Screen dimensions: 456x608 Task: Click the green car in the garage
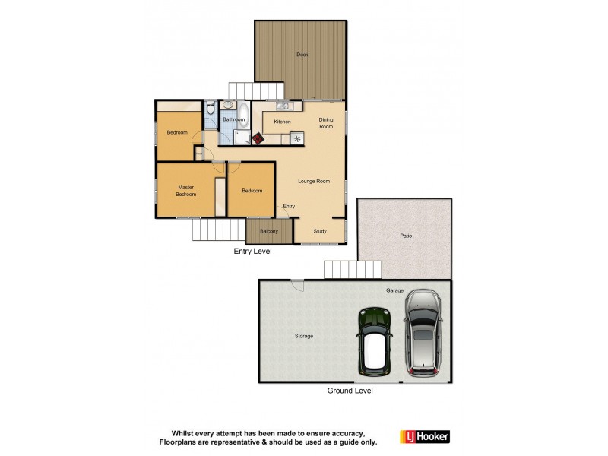coord(375,342)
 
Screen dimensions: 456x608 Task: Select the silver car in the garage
coord(423,333)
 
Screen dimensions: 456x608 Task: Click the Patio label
coord(406,236)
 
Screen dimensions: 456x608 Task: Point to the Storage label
coord(304,336)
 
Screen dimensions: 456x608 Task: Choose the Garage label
coord(394,290)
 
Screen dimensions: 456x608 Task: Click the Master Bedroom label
coord(186,191)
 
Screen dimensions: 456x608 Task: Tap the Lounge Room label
coord(313,181)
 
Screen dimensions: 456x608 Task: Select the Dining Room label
coord(325,122)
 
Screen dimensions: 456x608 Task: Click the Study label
coord(319,231)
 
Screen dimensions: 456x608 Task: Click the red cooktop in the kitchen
coord(258,139)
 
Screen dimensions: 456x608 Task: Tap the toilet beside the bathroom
coord(211,109)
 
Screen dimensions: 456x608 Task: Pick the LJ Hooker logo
coord(425,436)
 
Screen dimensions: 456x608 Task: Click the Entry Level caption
coord(252,251)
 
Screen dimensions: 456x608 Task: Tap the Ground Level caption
coord(350,391)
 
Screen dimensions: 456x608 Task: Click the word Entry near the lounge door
coord(289,206)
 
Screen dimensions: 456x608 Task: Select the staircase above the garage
coord(352,270)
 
